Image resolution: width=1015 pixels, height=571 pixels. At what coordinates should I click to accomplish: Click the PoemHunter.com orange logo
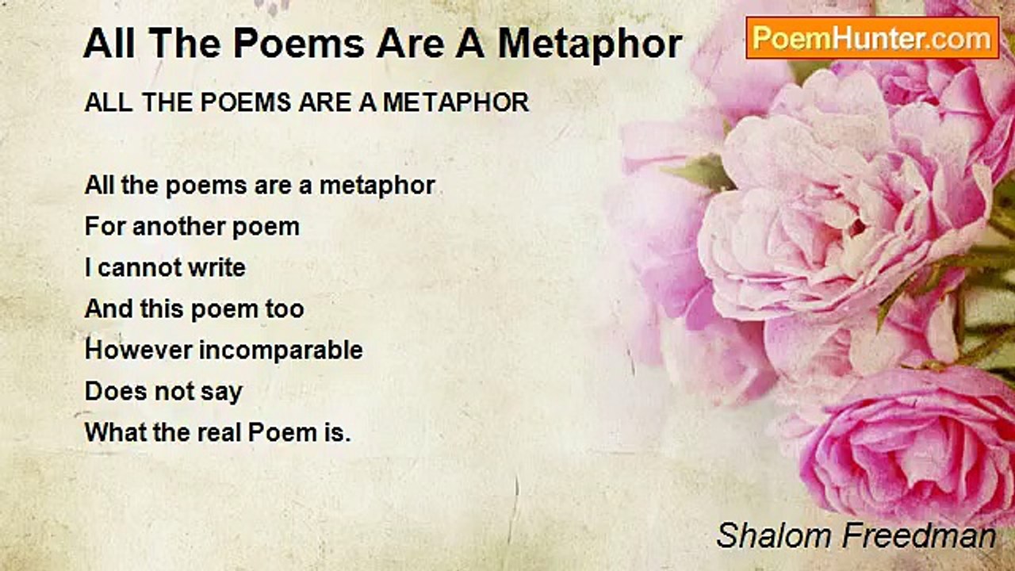pos(872,38)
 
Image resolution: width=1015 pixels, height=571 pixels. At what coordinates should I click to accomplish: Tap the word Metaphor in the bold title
pos(590,44)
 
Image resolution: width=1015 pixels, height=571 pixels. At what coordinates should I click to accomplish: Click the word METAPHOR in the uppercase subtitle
pos(456,102)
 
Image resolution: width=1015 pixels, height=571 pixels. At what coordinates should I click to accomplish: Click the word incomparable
pos(281,351)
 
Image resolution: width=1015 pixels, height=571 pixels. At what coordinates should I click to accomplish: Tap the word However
pos(138,350)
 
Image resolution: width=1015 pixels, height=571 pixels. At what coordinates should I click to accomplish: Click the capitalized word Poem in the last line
pos(283,432)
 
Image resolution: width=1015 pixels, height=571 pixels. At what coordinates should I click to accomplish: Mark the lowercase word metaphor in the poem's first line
pos(377,186)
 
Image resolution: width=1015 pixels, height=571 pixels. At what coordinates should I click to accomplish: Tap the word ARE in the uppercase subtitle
pos(324,102)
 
